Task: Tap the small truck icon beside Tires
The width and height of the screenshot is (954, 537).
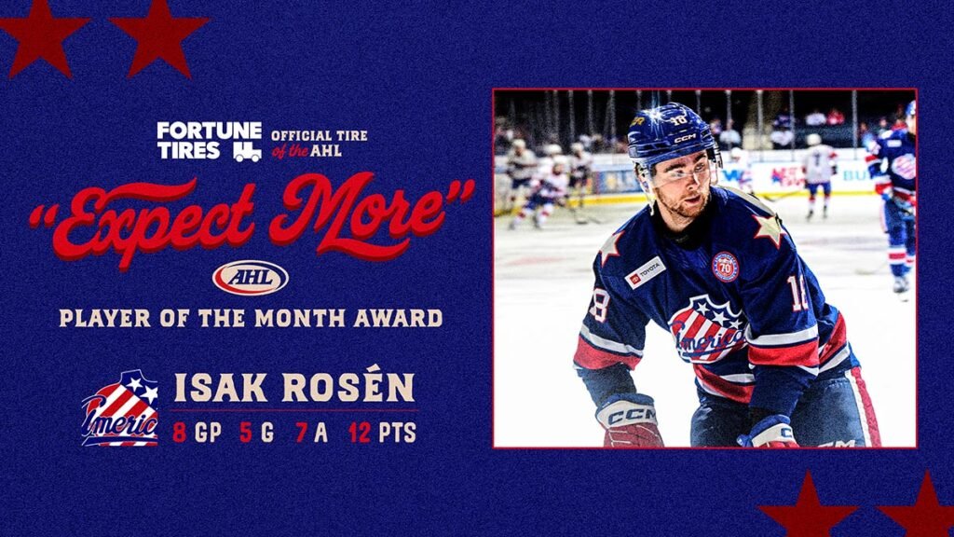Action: point(247,151)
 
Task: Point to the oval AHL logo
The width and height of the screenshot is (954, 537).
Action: point(251,277)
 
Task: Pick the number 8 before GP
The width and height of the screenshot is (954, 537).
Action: point(179,434)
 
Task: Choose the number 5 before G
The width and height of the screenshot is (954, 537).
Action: point(245,434)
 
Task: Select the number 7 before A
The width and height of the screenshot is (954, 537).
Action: point(301,434)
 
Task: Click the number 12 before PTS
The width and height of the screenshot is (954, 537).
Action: point(361,434)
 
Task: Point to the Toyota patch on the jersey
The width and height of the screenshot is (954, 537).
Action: point(646,272)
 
